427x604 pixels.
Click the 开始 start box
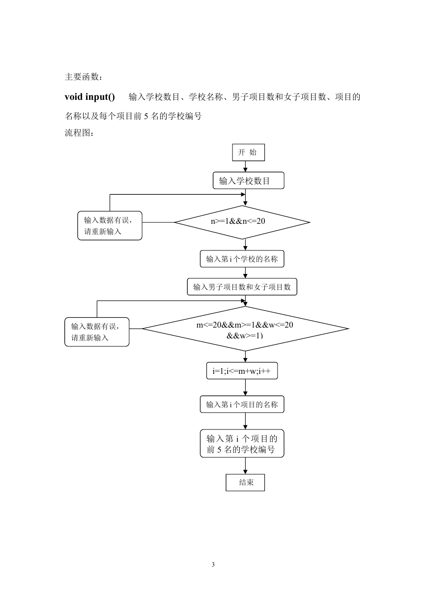pos(249,152)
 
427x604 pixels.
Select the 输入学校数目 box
pos(249,181)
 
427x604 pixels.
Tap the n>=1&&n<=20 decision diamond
pos(242,222)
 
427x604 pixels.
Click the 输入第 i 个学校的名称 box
pos(242,259)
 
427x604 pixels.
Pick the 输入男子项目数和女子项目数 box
pos(242,287)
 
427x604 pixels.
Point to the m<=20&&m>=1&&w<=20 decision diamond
pos(245,329)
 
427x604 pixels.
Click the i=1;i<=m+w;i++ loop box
pos(242,371)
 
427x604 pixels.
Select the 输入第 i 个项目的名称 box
pos(242,404)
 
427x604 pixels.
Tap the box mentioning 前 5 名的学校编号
pos(242,444)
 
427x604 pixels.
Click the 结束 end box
pos(245,483)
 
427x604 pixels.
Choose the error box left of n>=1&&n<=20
pos(110,226)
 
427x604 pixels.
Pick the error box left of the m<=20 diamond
pos(97,332)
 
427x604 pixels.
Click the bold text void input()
pos(90,97)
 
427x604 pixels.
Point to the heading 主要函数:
pos(84,77)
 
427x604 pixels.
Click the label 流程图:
pos(79,133)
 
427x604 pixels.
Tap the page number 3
pos(213,564)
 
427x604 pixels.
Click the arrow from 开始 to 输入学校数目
pos(245,167)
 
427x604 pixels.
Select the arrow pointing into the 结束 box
pos(245,466)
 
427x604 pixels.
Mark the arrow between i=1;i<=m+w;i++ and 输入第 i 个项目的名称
pos(245,388)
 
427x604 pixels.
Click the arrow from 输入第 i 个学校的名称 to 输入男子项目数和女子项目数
pos(245,273)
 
